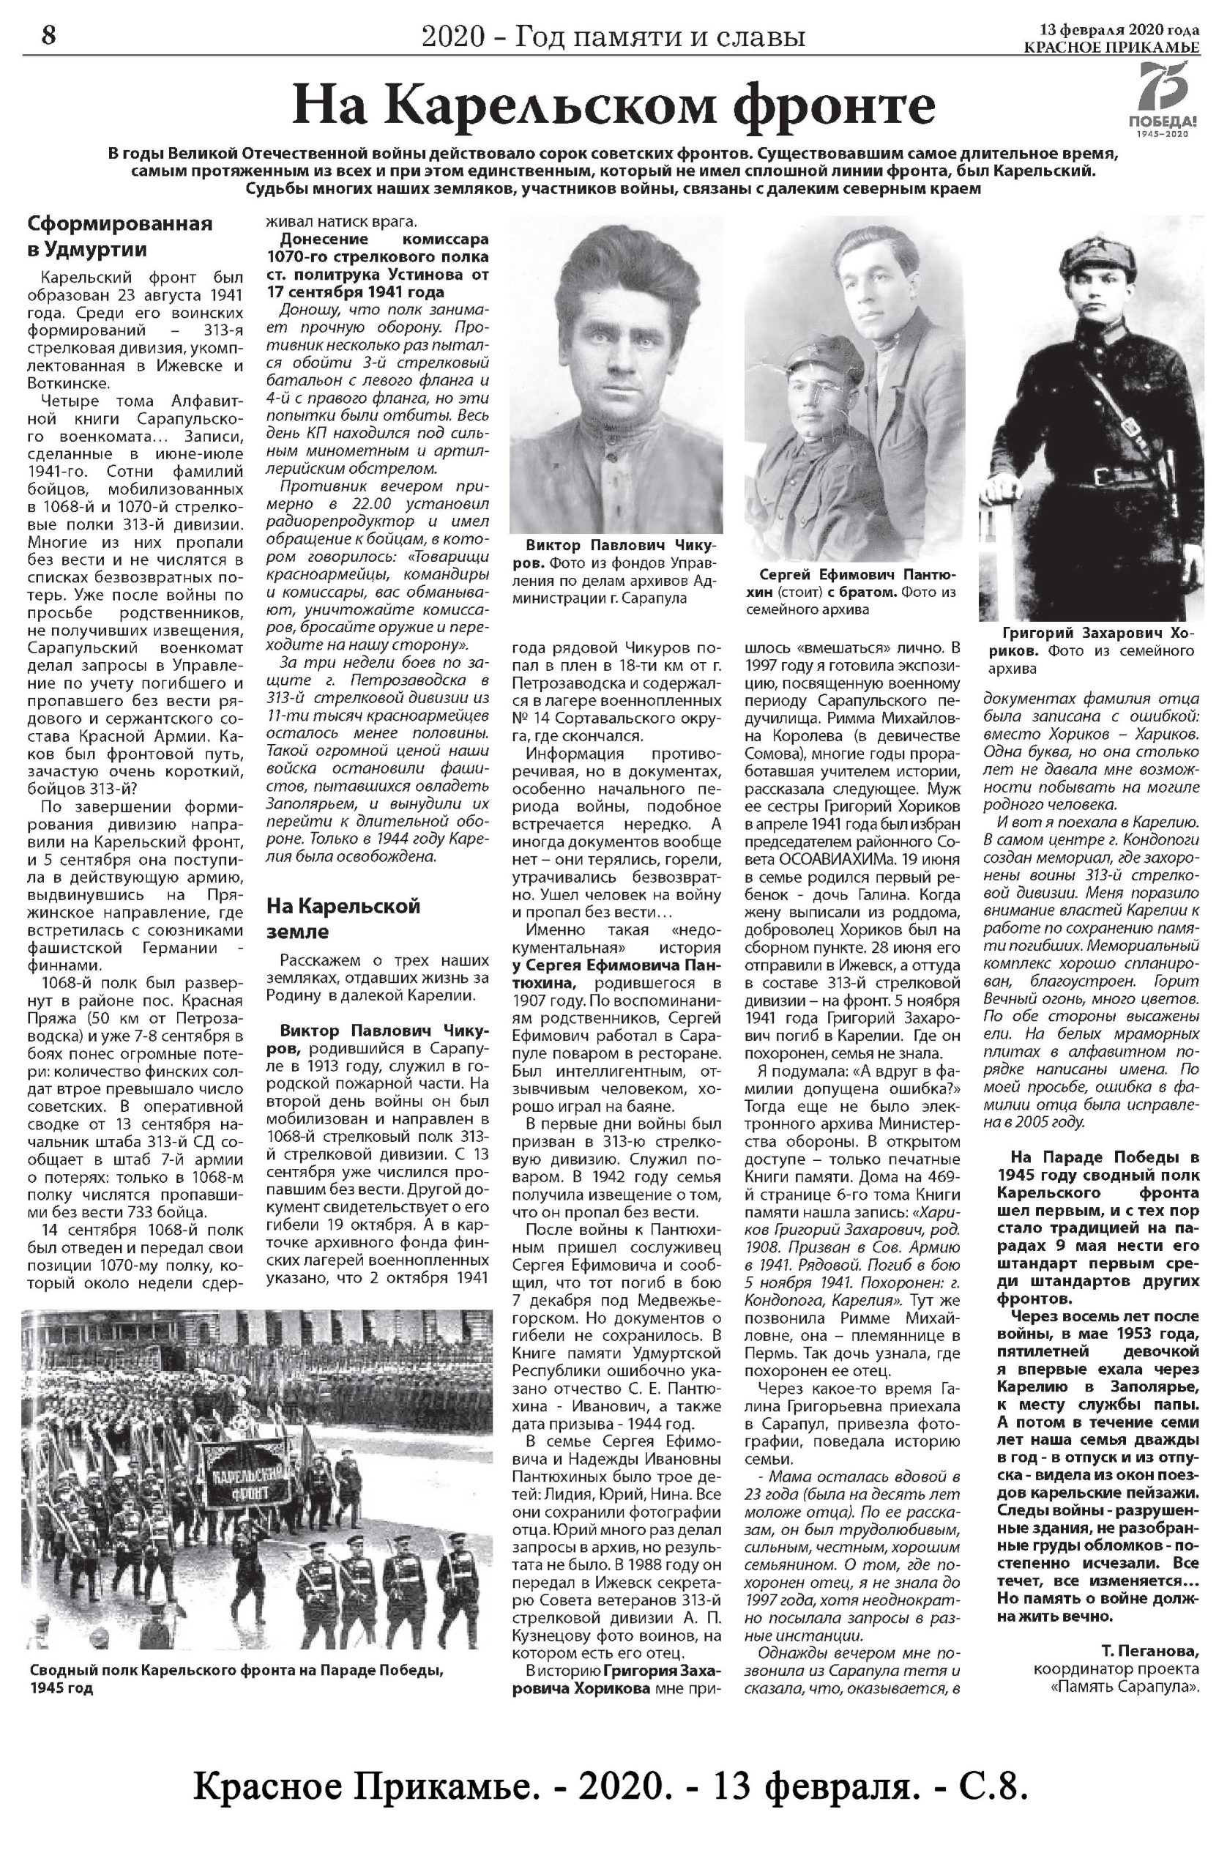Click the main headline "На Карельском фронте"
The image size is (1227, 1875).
(613, 105)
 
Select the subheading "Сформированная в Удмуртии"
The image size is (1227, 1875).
(120, 237)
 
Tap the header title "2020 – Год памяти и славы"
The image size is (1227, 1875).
(613, 36)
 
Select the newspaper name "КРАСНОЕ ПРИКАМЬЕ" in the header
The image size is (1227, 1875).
(1111, 48)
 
